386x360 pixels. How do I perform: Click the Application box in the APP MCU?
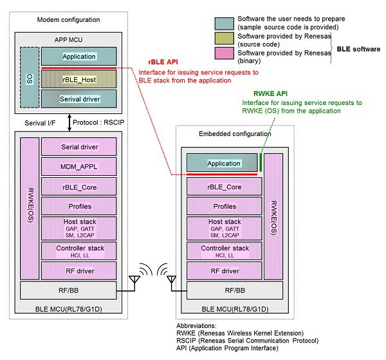pyautogui.click(x=79, y=57)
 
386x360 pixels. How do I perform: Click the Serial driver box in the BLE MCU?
pyautogui.click(x=79, y=146)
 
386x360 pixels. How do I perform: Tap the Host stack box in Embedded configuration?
pyautogui.click(x=223, y=227)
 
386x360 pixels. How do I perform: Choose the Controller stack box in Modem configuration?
pyautogui.click(x=79, y=251)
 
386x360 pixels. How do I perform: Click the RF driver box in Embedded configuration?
pyautogui.click(x=223, y=271)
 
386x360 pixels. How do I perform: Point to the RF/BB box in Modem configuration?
pyautogui.click(x=69, y=290)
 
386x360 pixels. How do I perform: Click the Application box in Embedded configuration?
pyautogui.click(x=223, y=163)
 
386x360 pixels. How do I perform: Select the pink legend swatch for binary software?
pyautogui.click(x=223, y=55)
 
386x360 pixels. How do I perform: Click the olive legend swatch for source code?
pyautogui.click(x=223, y=40)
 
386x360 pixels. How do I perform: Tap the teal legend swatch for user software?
pyautogui.click(x=223, y=23)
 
